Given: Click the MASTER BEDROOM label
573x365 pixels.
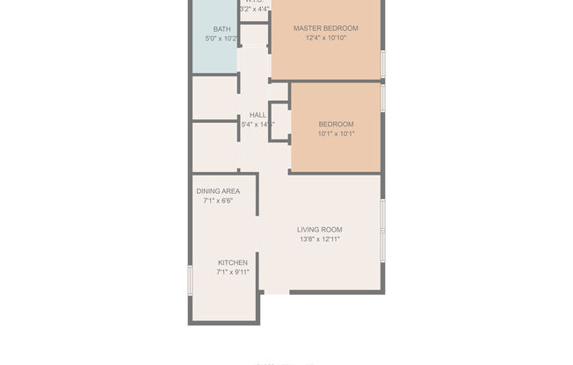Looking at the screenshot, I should pos(326,28).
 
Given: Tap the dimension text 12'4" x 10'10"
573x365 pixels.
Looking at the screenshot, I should pos(326,39).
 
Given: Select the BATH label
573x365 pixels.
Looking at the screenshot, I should pos(221,29).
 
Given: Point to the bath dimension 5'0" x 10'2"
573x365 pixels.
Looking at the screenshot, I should pos(221,39).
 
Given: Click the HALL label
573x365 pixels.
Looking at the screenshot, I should pos(257,115).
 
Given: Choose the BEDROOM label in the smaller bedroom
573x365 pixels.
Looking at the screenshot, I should pos(336,124).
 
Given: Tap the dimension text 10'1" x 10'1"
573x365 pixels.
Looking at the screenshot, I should pos(336,134).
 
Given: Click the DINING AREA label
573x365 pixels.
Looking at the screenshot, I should pos(218,190).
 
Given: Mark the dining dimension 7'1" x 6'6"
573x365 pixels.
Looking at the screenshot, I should pos(218,201).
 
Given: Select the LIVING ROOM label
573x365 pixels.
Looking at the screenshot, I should pos(319,229).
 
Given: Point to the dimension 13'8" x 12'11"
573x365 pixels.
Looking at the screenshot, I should pos(319,240).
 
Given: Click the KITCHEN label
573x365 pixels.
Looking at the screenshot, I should pos(233,262).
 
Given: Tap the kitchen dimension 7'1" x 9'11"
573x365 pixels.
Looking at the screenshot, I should pos(233,273).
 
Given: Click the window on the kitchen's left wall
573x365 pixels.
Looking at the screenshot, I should pos(190,280).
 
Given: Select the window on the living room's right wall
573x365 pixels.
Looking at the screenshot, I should pos(382,230).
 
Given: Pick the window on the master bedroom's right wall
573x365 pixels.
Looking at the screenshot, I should pos(383,64).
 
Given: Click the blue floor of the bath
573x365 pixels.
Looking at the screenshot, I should pos(214,57).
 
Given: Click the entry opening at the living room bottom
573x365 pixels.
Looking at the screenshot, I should pos(276,291).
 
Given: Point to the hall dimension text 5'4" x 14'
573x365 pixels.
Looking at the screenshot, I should pos(257,125).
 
